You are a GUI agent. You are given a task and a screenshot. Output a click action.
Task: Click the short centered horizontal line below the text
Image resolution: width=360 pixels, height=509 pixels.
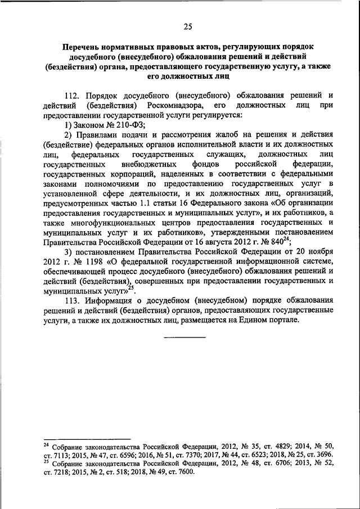(x=184, y=337)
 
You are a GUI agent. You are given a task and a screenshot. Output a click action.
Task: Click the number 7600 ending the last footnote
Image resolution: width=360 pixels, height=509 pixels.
(x=183, y=471)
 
